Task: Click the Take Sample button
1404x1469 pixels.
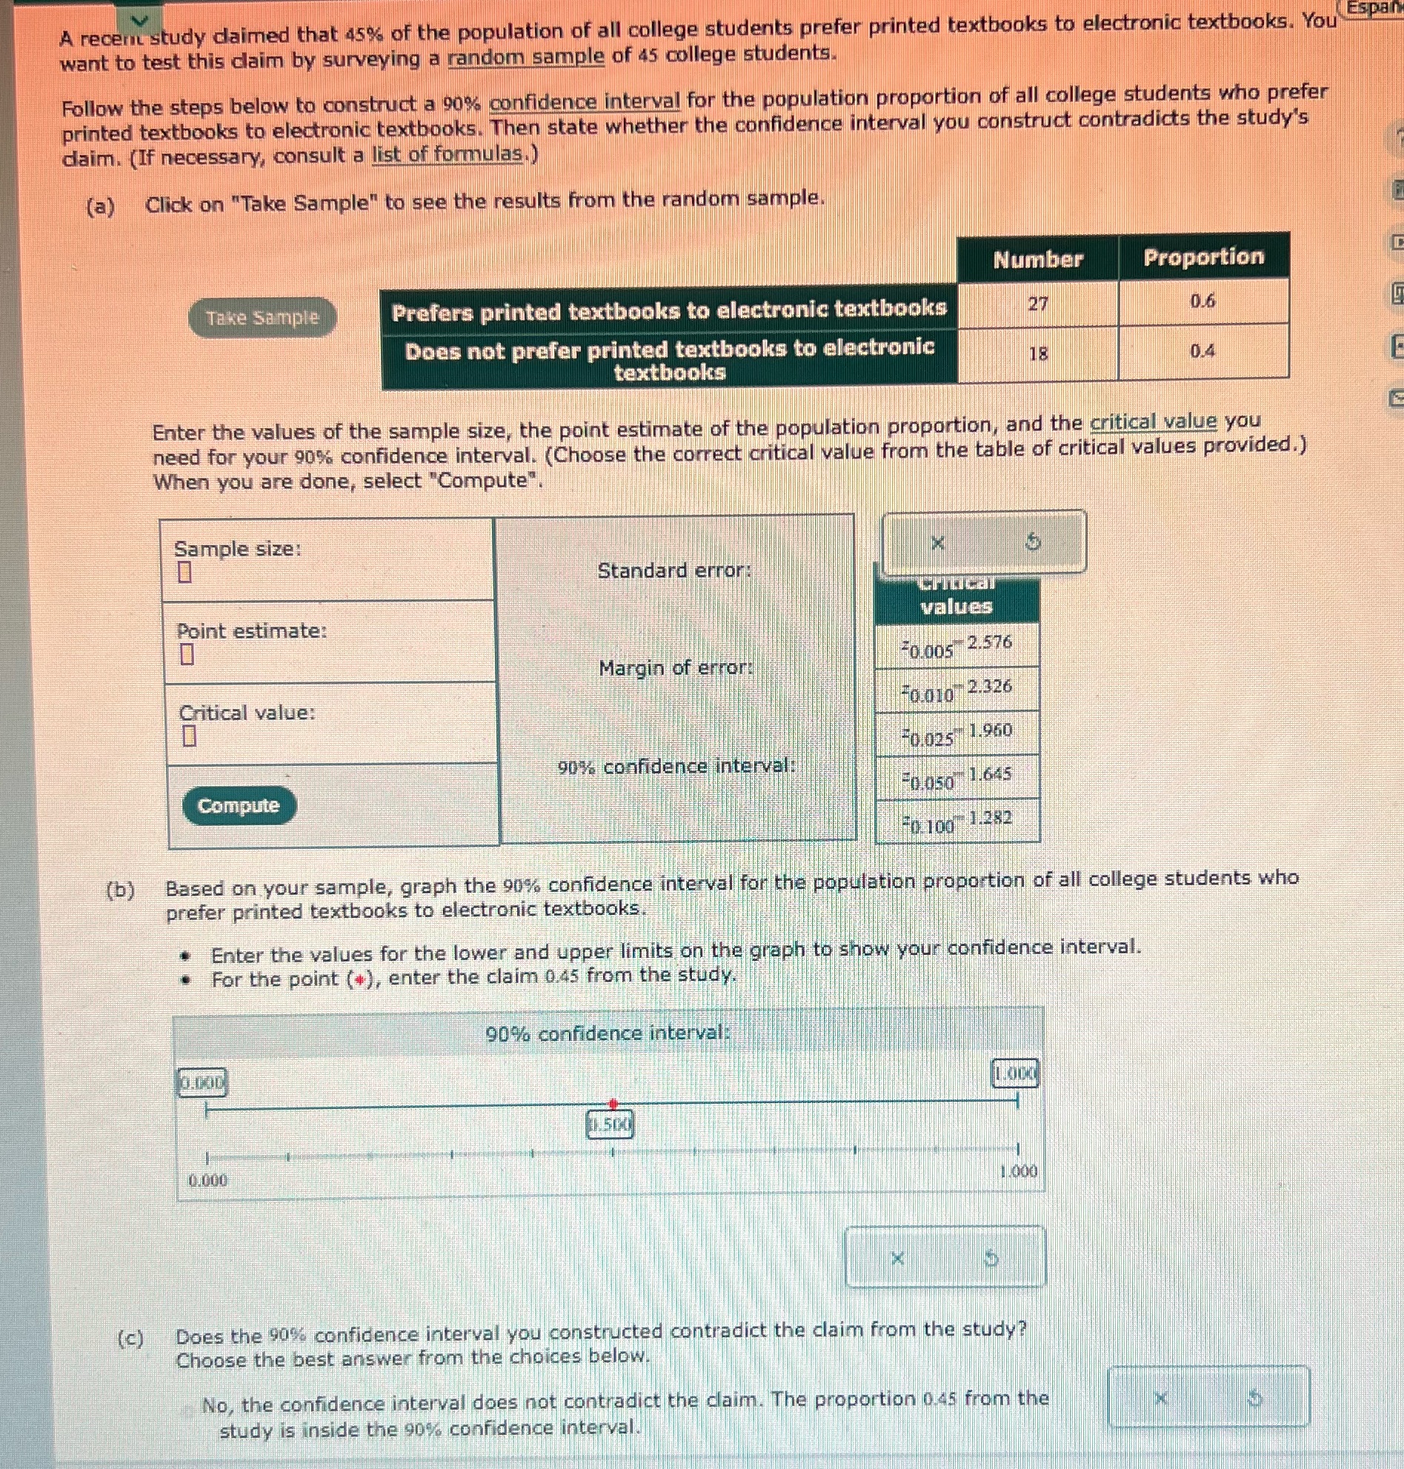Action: [262, 318]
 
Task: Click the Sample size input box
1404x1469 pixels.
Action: [184, 573]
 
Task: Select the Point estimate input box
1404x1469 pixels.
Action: [187, 655]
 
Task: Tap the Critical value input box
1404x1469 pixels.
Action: [189, 736]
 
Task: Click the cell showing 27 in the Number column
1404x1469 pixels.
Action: [1037, 304]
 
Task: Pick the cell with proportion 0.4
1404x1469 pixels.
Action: [1202, 351]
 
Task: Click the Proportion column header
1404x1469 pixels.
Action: [1202, 256]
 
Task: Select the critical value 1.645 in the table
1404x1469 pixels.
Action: [989, 774]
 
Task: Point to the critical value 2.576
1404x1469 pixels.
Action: [988, 642]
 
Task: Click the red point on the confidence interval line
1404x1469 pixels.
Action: [613, 1104]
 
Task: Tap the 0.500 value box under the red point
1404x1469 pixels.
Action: [610, 1124]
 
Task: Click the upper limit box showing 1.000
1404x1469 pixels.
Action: [1015, 1075]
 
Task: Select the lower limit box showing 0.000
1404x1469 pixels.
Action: [202, 1083]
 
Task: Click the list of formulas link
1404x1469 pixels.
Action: [448, 155]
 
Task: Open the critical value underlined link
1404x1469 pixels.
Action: [1154, 422]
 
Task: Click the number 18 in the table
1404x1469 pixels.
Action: [1037, 353]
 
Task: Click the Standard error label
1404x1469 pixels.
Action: [673, 571]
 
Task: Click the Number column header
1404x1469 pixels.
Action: [1037, 259]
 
